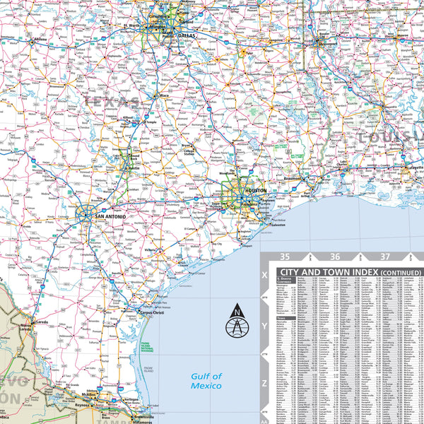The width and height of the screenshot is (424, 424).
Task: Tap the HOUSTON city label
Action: click(x=255, y=191)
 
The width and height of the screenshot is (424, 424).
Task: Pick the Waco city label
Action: click(x=165, y=94)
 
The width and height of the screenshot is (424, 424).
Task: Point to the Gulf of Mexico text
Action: click(x=206, y=381)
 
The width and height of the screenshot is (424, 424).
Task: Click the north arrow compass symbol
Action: click(x=235, y=322)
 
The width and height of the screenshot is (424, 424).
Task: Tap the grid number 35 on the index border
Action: click(x=285, y=257)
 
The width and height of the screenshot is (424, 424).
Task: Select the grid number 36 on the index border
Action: click(x=335, y=257)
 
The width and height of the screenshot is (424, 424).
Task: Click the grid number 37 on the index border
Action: click(x=384, y=257)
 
